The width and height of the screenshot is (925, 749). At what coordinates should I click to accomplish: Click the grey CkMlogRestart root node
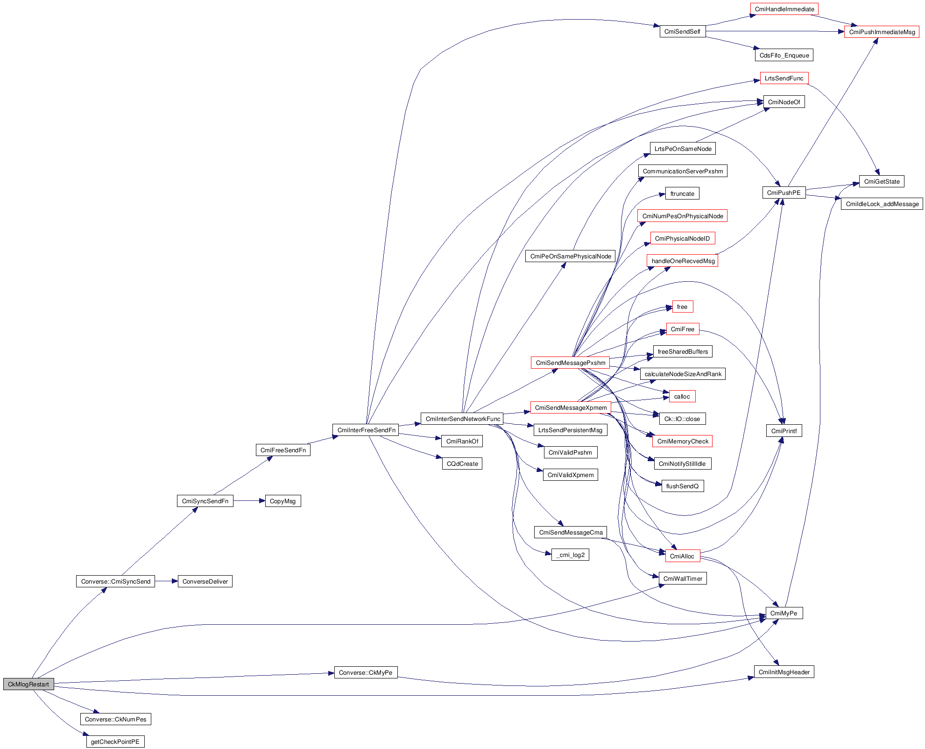[28, 684]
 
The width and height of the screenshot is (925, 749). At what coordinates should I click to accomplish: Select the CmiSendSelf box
[682, 31]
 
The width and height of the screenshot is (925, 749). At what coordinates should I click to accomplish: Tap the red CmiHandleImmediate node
[784, 9]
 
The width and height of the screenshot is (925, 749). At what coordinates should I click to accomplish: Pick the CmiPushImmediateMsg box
[882, 32]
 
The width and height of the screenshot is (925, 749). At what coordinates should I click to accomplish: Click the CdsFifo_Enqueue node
[784, 55]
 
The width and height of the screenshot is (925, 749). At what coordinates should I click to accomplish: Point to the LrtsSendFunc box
[784, 78]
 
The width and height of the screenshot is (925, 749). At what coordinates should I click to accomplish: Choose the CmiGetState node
[882, 181]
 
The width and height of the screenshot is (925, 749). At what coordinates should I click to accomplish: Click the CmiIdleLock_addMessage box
[882, 204]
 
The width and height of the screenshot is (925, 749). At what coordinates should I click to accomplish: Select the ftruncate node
[682, 193]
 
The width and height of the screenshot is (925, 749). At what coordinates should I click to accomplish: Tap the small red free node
[682, 307]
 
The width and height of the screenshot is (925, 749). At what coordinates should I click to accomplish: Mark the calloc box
[682, 396]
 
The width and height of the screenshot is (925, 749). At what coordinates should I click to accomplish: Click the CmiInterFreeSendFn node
[366, 430]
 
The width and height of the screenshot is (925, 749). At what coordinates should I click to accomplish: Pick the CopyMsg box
[282, 501]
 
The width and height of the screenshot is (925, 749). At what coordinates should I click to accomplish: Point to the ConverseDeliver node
[205, 581]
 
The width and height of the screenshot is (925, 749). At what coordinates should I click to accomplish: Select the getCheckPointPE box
[115, 742]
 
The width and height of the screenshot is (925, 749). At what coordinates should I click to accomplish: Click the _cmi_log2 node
[570, 555]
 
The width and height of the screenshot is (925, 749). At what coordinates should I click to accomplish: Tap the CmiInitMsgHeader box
[784, 672]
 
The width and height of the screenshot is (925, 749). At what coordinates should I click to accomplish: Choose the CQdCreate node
[462, 464]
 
